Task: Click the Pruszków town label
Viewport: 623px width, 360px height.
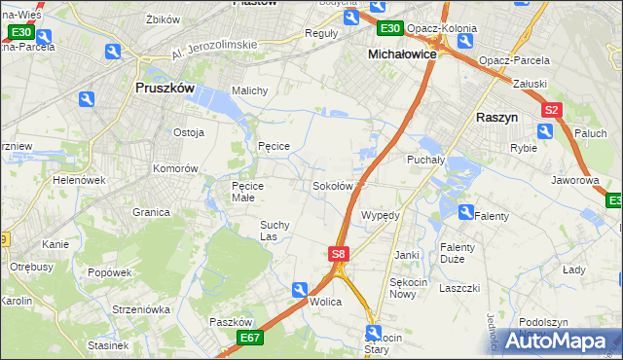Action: tap(164, 88)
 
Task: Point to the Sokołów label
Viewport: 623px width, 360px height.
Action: tap(332, 186)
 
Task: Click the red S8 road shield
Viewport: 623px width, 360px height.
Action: tap(337, 254)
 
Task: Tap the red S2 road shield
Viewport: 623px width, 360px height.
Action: tap(552, 111)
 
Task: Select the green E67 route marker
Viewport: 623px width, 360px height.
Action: tap(248, 338)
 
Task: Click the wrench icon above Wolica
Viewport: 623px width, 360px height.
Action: tap(301, 289)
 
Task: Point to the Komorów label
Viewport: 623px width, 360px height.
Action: tap(175, 167)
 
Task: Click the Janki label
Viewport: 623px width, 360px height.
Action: tap(406, 255)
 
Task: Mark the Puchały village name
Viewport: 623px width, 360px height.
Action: tap(425, 158)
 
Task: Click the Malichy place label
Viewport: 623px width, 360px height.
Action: tap(249, 90)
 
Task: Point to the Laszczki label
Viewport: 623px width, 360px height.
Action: tap(459, 288)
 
